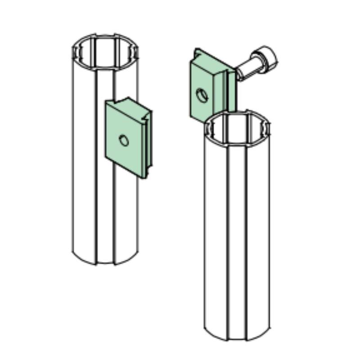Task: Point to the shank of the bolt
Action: (x=247, y=69)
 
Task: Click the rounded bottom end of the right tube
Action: (x=237, y=337)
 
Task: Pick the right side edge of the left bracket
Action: (x=148, y=144)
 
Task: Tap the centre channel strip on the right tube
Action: (x=237, y=234)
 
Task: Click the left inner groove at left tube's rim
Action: (x=76, y=52)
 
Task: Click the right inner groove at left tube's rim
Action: (x=135, y=52)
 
